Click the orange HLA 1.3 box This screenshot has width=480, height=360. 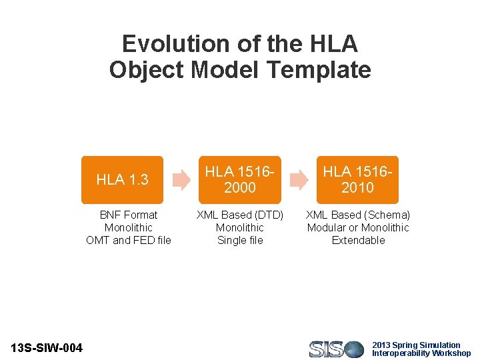(x=122, y=180)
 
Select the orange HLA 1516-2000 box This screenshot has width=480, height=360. (x=240, y=180)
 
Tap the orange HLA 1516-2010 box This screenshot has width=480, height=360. (x=357, y=180)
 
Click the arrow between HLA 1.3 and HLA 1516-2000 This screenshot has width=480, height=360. (x=181, y=180)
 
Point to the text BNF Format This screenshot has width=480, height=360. (x=129, y=215)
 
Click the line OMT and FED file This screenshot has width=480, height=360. (x=129, y=240)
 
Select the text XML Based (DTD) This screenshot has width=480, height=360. (x=240, y=215)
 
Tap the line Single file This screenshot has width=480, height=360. (x=240, y=240)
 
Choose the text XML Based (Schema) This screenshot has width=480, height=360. (x=358, y=215)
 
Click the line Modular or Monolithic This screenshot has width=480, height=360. (x=358, y=227)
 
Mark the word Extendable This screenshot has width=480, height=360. (x=358, y=240)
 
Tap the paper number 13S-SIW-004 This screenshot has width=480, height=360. (x=47, y=348)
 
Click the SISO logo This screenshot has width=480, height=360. (x=336, y=349)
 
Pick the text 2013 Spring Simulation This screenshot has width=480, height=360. (x=416, y=345)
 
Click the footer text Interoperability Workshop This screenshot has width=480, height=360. (x=421, y=353)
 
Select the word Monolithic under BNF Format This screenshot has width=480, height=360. (x=129, y=227)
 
